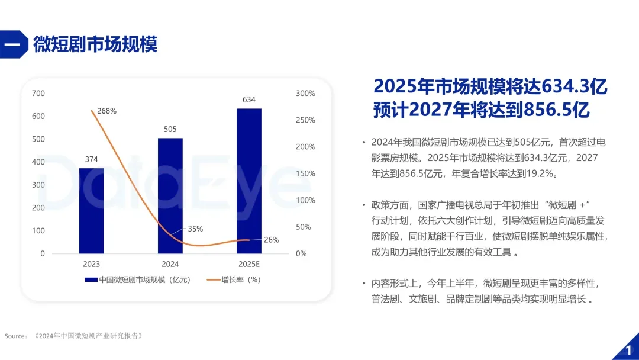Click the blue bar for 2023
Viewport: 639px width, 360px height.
92,211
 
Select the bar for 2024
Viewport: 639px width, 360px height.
170,196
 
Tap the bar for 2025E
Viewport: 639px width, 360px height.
249,181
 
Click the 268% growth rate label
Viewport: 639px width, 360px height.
107,111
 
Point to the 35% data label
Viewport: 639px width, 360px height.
195,229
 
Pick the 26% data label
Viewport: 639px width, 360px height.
271,240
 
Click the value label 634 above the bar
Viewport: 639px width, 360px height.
249,99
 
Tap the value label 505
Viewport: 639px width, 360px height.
170,129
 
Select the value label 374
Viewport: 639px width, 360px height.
92,159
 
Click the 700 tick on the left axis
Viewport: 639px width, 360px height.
38,93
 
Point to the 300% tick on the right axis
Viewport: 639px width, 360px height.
305,93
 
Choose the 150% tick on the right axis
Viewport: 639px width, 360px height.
305,173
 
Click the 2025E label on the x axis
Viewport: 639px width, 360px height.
249,264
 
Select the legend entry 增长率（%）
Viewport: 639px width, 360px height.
234,279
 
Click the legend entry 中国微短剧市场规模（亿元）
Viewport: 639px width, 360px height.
139,279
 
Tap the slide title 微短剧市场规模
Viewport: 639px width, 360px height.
95,44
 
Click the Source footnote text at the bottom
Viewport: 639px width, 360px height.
74,336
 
